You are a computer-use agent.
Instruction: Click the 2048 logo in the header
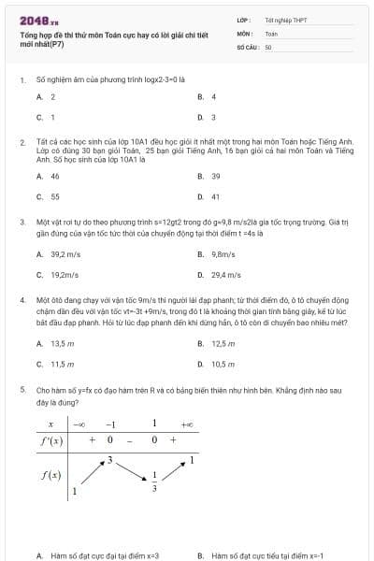click(38, 20)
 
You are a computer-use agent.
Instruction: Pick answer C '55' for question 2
click(54, 197)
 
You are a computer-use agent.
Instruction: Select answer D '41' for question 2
click(215, 197)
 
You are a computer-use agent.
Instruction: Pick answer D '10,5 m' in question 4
click(223, 364)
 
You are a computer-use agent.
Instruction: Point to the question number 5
click(22, 387)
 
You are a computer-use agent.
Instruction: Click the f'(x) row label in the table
click(51, 439)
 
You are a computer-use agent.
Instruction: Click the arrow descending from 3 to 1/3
click(132, 471)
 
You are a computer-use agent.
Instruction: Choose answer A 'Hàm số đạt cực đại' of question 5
click(103, 555)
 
